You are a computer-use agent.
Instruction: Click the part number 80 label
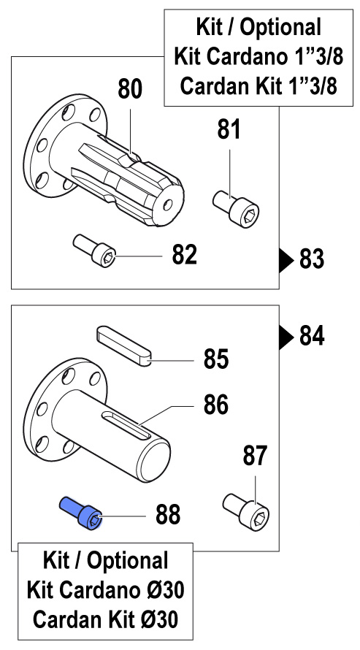pyautogui.click(x=130, y=89)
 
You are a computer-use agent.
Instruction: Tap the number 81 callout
pyautogui.click(x=229, y=129)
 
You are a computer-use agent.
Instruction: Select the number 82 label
pyautogui.click(x=184, y=255)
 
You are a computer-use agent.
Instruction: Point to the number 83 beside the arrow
pyautogui.click(x=312, y=260)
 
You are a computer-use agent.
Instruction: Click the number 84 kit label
pyautogui.click(x=312, y=336)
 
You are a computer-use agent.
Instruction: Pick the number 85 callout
pyautogui.click(x=216, y=359)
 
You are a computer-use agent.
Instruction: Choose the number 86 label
pyautogui.click(x=216, y=405)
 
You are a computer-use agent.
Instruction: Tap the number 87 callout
pyautogui.click(x=255, y=456)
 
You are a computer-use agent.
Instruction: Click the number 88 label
pyautogui.click(x=168, y=515)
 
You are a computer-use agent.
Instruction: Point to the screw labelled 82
pyautogui.click(x=94, y=251)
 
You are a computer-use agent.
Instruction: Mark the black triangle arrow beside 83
pyautogui.click(x=286, y=260)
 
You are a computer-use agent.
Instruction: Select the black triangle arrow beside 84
pyautogui.click(x=286, y=337)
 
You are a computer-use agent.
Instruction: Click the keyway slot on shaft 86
pyautogui.click(x=127, y=425)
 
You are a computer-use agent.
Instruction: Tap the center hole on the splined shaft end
pyautogui.click(x=168, y=204)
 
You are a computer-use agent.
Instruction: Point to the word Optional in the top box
pyautogui.click(x=280, y=28)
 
